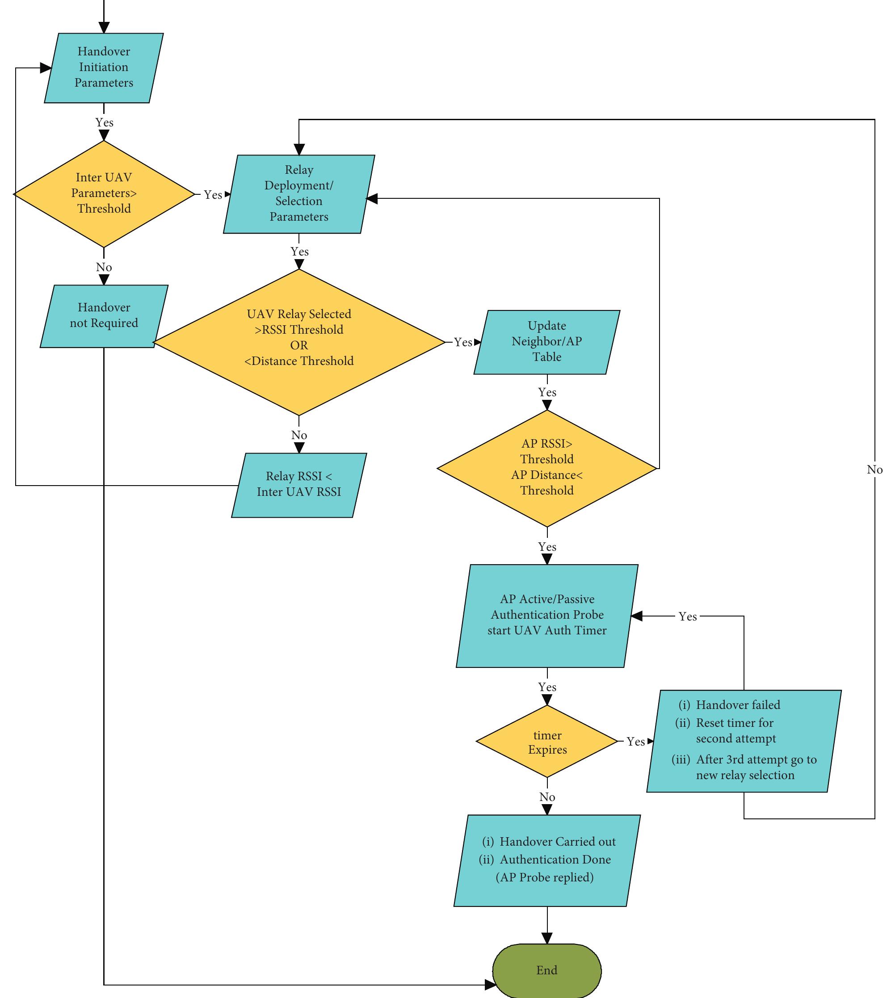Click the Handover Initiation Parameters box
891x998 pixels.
tap(104, 67)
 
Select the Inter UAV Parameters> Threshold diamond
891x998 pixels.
tap(104, 194)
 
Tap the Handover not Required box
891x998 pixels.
tap(104, 316)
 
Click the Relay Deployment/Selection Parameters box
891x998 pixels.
tap(298, 194)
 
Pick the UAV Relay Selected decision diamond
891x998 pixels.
tap(298, 342)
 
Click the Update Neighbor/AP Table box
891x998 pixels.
tap(547, 342)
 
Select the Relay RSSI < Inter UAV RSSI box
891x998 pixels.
tap(298, 485)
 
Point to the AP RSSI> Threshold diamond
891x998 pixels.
tap(547, 467)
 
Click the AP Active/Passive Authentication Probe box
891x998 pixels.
tap(547, 615)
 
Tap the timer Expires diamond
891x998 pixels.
tap(547, 742)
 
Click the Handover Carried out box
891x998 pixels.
tap(547, 860)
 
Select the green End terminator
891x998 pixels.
tap(547, 970)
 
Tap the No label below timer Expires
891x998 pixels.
tap(547, 797)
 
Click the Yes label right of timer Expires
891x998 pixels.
tap(635, 742)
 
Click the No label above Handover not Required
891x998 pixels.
tap(104, 267)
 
